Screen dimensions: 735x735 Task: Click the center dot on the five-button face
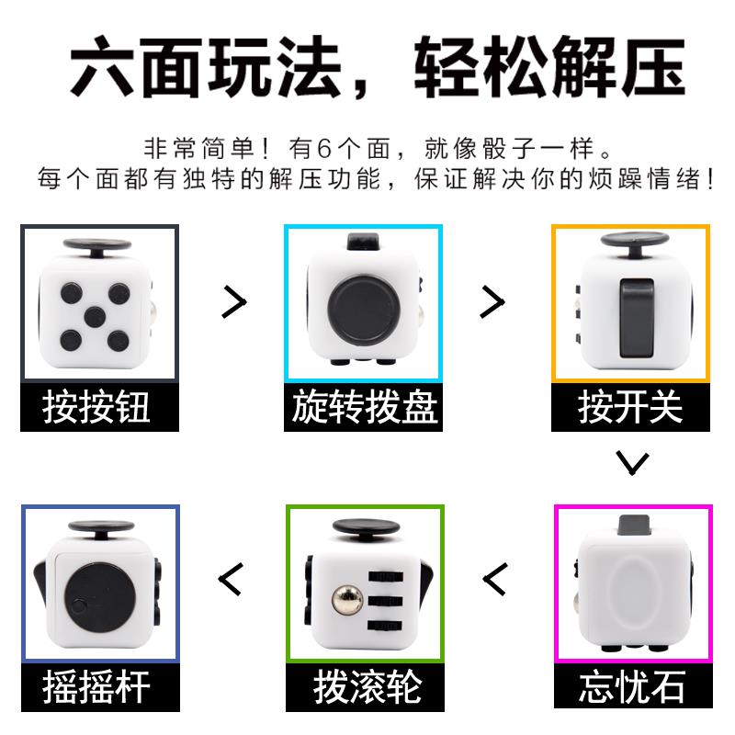(x=95, y=317)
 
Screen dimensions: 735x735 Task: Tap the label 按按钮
(x=96, y=407)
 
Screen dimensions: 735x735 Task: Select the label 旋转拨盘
(x=365, y=407)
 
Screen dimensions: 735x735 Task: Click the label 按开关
(x=630, y=407)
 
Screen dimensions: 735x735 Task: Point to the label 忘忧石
(x=632, y=687)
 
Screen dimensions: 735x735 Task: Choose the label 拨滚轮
(x=367, y=687)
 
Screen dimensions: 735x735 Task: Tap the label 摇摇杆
(x=96, y=687)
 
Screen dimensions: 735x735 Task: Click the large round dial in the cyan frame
(x=362, y=311)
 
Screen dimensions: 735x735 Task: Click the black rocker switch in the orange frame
(x=637, y=318)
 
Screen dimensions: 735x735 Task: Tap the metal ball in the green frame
(x=347, y=601)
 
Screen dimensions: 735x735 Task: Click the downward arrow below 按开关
(x=633, y=463)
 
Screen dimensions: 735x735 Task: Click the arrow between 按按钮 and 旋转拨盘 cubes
(x=234, y=301)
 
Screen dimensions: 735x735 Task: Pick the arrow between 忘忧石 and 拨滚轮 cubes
(x=495, y=579)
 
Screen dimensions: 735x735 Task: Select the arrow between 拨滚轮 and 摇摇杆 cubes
(x=231, y=579)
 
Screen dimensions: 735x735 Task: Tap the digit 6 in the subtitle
(x=324, y=149)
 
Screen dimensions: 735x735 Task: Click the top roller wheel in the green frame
(x=385, y=576)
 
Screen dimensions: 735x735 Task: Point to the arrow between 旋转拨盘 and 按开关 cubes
(x=492, y=301)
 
